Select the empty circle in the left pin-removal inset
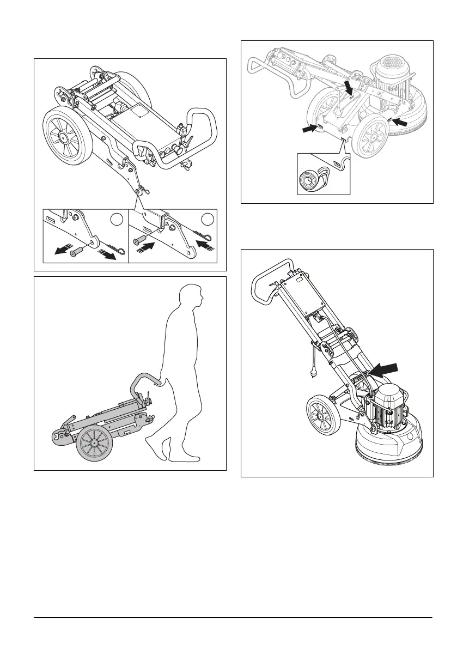coord(114,220)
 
